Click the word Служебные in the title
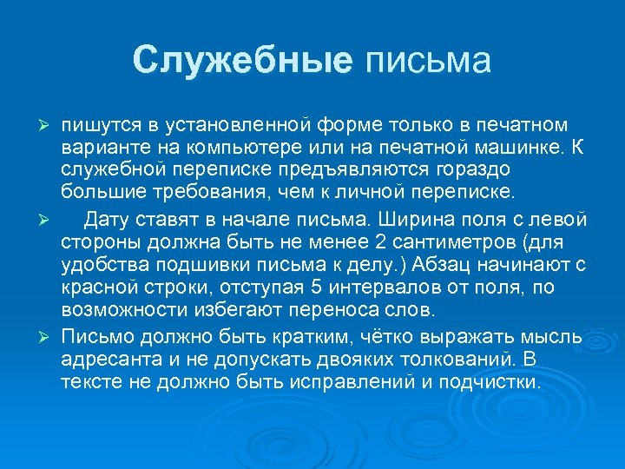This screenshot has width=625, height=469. [243, 60]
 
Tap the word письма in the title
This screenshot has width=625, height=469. [428, 60]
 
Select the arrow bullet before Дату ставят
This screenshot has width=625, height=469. [49, 218]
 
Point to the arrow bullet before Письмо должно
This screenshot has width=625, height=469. [49, 336]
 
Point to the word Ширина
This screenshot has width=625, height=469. [400, 217]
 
